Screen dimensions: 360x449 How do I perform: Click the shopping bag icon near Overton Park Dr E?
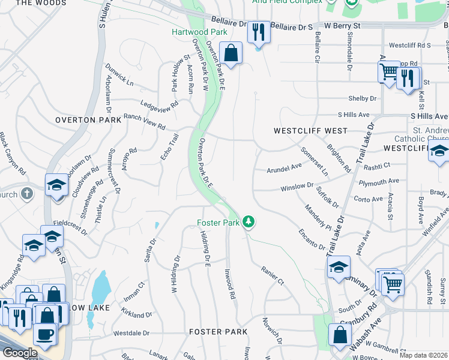coord(231,53)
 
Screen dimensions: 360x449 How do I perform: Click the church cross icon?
coord(26,194)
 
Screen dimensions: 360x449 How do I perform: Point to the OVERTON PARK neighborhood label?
coord(84,120)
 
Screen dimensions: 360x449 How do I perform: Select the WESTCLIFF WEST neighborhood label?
coord(310,130)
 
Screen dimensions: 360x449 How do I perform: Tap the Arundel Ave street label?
coord(284,169)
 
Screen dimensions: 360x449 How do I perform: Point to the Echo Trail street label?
coord(170,147)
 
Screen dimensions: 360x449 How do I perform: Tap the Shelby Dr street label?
coord(363,98)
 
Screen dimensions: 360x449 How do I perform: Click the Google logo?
coord(20,353)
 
